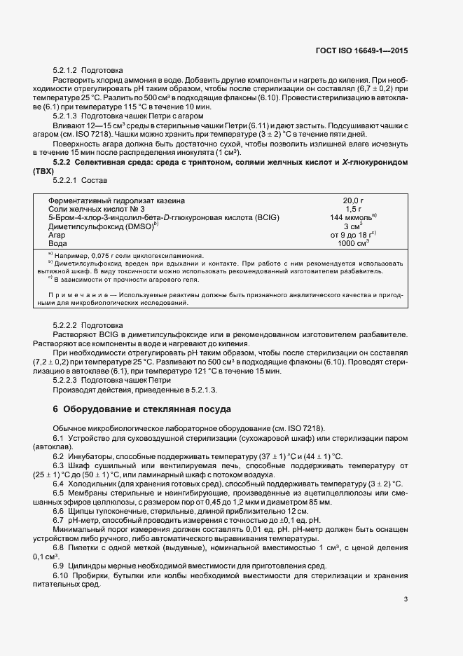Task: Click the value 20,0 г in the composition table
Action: point(354,200)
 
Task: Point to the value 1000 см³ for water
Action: point(354,243)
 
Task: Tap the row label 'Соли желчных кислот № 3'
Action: point(96,209)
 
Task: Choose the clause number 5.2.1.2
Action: point(65,71)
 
